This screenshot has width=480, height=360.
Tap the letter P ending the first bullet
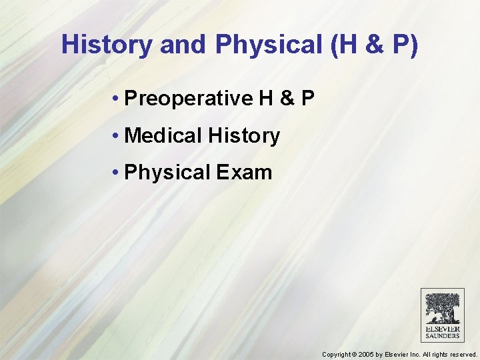(x=307, y=99)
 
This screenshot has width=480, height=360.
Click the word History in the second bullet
(x=243, y=136)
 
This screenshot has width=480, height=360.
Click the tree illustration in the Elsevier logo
(x=442, y=308)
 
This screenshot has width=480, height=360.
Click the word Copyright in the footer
(x=337, y=355)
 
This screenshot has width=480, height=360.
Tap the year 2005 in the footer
(x=365, y=355)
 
